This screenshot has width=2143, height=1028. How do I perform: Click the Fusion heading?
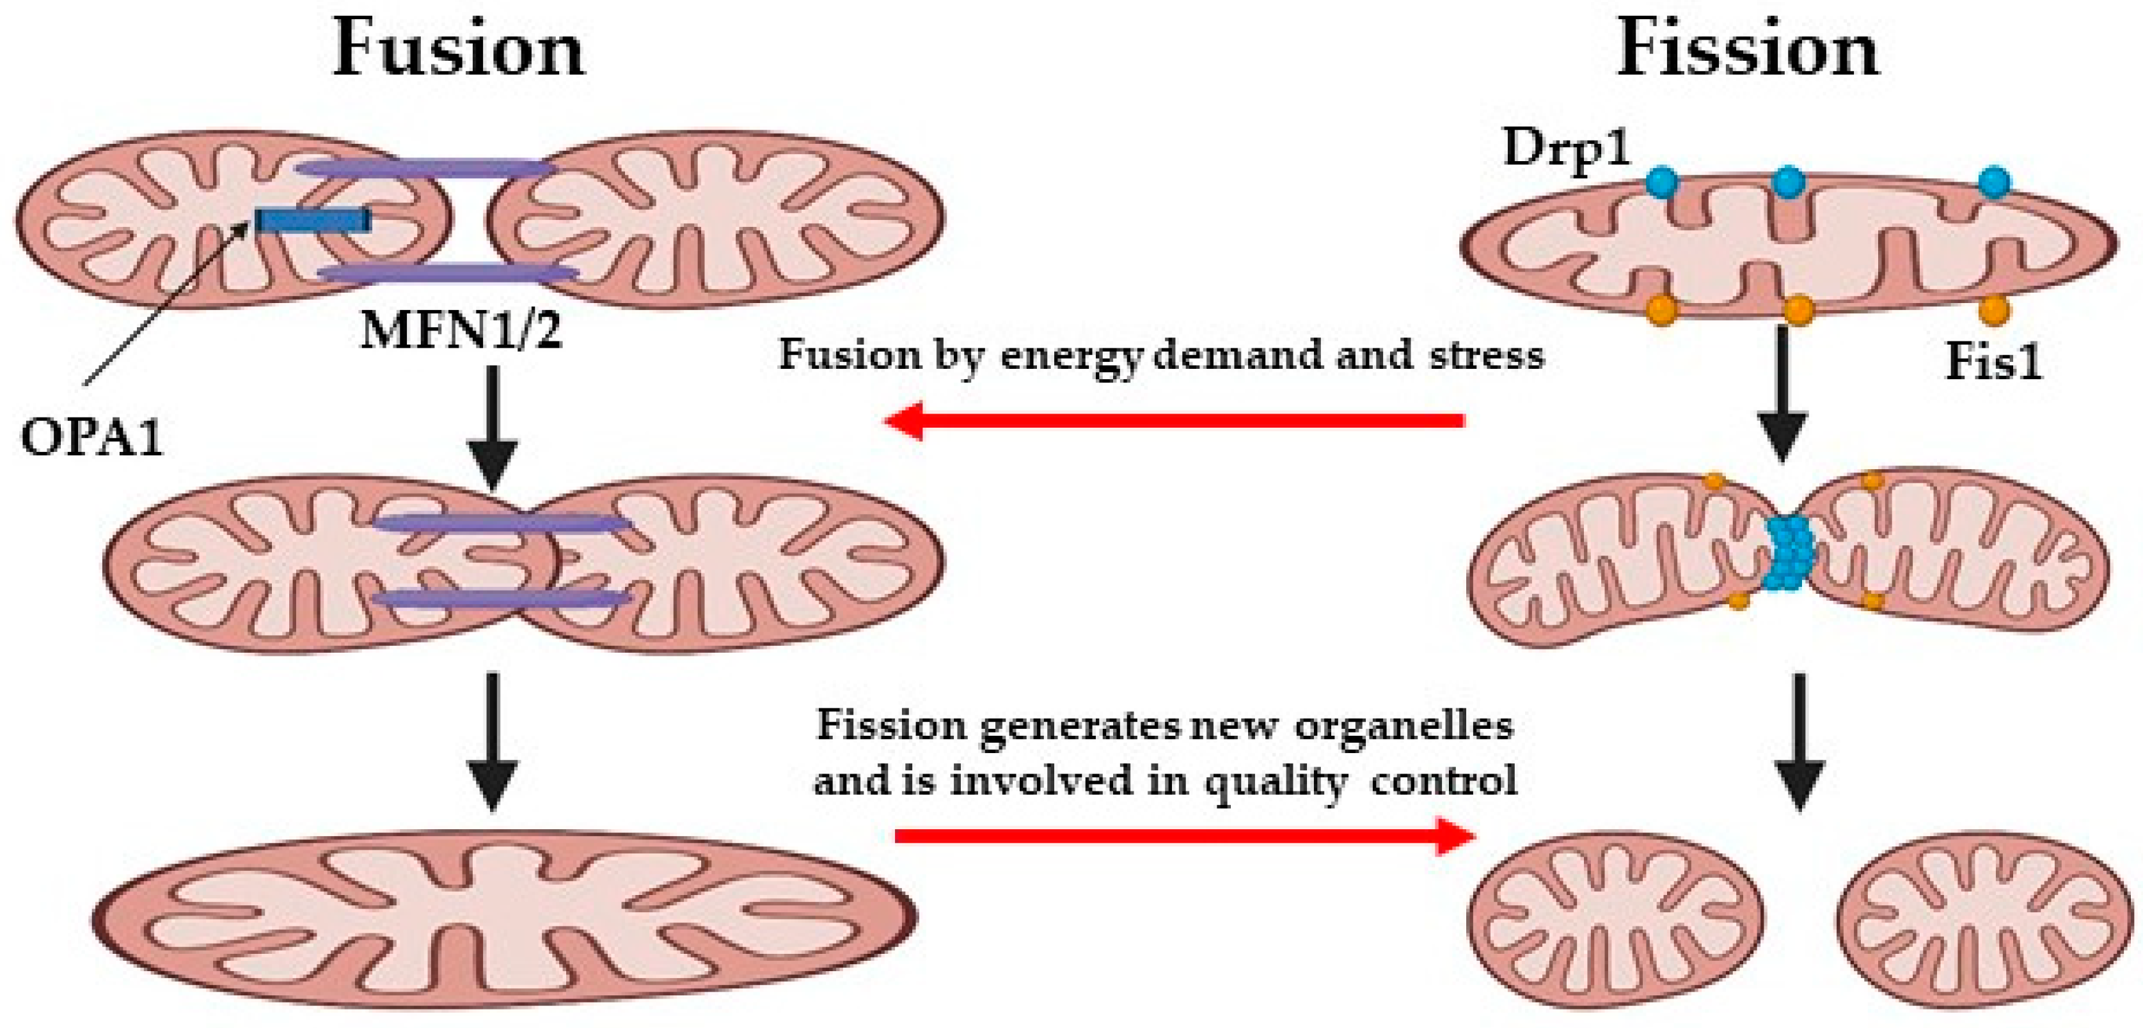[459, 50]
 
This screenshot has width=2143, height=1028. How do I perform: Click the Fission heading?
[1747, 50]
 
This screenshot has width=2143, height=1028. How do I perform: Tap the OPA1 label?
[91, 437]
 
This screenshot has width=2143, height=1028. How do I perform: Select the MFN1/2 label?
[461, 331]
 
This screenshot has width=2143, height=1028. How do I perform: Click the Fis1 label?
[1993, 362]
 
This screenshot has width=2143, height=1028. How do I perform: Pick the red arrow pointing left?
[1173, 420]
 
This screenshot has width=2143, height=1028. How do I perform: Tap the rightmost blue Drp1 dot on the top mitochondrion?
[1993, 182]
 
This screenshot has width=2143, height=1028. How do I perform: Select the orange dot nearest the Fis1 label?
[1993, 310]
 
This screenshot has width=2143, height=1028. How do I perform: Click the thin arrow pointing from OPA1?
[166, 304]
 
